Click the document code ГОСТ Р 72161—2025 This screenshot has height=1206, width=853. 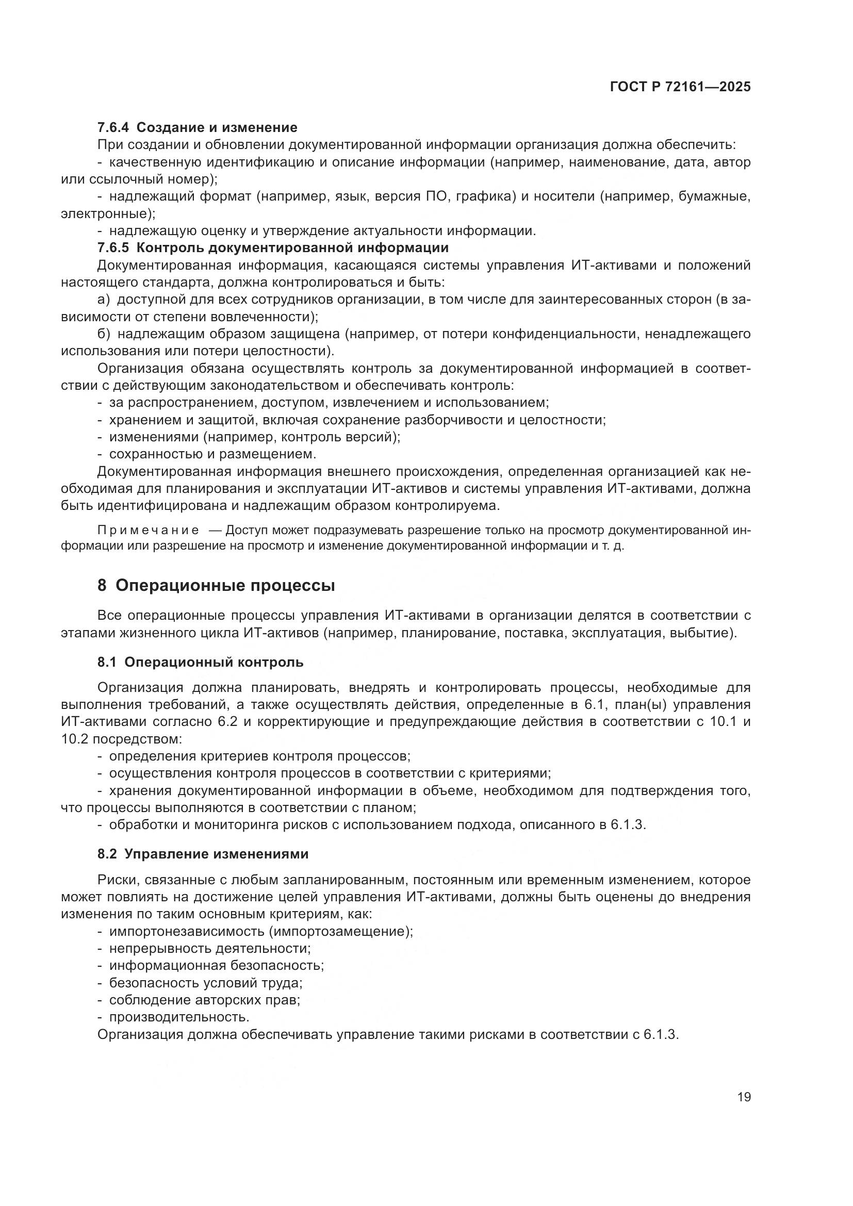[x=680, y=87]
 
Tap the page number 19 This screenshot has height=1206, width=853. [x=744, y=1097]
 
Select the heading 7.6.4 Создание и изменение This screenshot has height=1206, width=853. [x=198, y=127]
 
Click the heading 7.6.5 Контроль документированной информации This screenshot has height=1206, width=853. [x=273, y=247]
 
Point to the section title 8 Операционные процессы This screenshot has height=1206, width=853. [x=216, y=585]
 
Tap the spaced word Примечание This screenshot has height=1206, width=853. [x=148, y=530]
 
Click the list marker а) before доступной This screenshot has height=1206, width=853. [x=104, y=300]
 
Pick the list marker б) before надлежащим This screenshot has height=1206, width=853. [x=104, y=334]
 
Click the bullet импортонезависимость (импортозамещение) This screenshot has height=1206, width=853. [x=260, y=931]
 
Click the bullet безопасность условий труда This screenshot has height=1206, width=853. [x=205, y=983]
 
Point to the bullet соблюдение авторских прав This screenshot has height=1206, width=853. [x=204, y=1000]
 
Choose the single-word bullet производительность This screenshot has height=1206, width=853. [x=178, y=1017]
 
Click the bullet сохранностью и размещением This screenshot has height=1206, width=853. [x=212, y=453]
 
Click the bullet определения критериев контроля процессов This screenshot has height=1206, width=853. [x=259, y=756]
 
